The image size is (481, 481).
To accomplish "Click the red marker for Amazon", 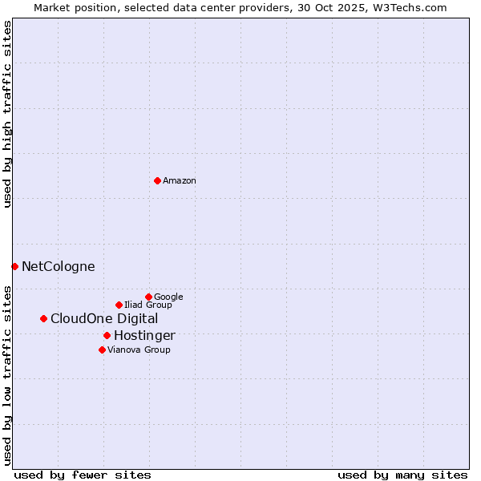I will (x=157, y=180).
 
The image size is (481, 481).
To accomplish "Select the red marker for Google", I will (x=148, y=297).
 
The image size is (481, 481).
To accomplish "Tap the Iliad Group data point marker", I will (x=119, y=305).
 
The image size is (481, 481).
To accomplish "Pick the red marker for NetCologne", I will (x=14, y=266).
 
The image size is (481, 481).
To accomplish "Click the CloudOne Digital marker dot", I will (x=43, y=318).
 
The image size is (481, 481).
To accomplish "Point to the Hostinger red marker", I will (x=107, y=335).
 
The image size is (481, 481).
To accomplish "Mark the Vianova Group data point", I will (x=102, y=350).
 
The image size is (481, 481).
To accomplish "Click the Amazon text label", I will (x=180, y=181).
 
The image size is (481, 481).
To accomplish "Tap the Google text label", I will (x=168, y=297).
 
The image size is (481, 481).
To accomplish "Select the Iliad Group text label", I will (x=148, y=305).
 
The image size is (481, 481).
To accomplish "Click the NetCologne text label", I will (x=59, y=267).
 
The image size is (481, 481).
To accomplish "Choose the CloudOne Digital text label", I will (x=104, y=319).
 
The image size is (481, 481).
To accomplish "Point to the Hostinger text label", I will (x=144, y=336).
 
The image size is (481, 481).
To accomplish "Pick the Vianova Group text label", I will (x=139, y=350).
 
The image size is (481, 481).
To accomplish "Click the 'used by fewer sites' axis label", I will (x=83, y=475).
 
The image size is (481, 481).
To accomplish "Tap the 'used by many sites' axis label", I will (x=402, y=475).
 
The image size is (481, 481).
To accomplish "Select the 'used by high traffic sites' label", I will (x=7, y=114).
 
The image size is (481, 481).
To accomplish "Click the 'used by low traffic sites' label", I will (x=7, y=374).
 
